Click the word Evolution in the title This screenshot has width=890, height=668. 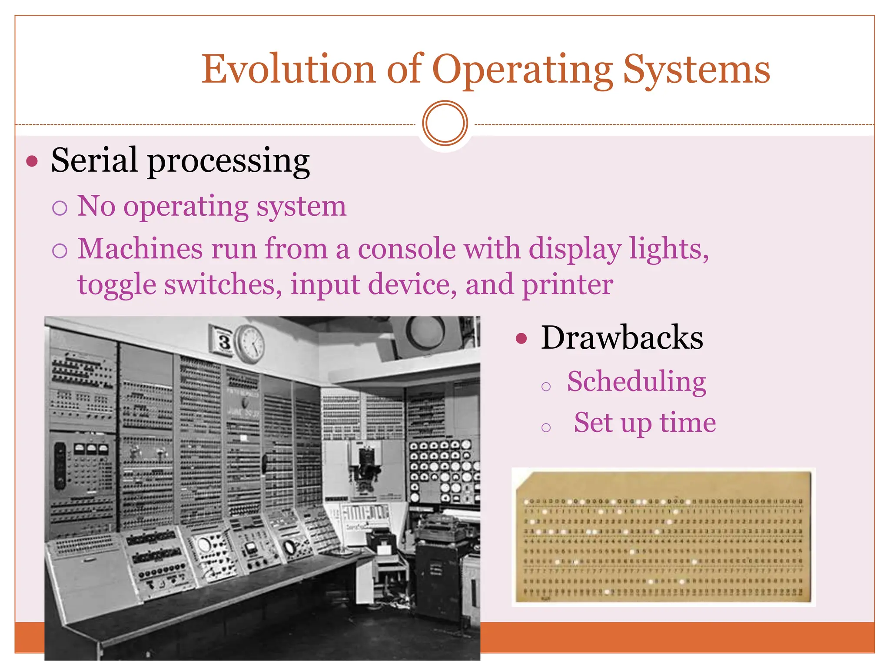[288, 70]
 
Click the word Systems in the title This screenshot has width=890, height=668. [696, 70]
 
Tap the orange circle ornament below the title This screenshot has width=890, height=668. [445, 123]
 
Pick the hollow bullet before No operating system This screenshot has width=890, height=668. [60, 208]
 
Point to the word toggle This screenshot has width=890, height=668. [116, 285]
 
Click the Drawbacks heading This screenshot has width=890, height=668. [621, 337]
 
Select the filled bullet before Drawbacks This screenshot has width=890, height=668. [521, 338]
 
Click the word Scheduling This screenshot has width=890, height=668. [636, 381]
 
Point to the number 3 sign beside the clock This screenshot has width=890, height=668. [223, 341]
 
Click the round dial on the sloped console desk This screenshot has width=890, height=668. [203, 544]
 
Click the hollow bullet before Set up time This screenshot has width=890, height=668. [546, 428]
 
